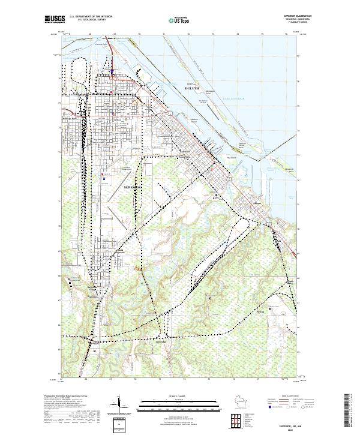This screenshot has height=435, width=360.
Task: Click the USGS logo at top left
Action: click(53, 20)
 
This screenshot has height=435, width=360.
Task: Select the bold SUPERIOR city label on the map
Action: click(133, 187)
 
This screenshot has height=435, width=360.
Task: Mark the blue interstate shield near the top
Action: click(112, 70)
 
